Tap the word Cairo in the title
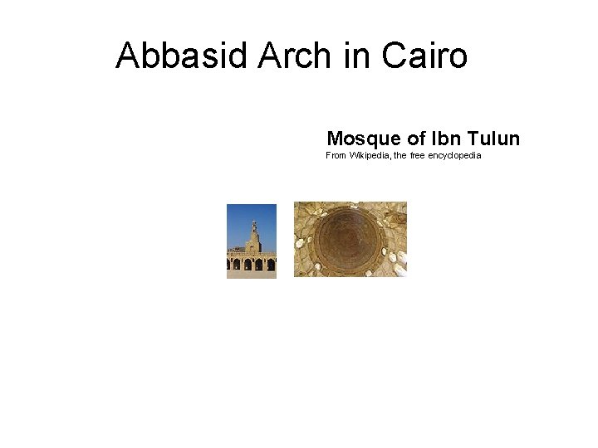424,56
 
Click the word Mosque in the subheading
364,138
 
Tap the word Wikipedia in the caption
369,155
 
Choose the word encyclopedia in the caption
454,155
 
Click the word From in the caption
336,155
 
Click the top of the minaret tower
254,222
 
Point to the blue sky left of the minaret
238,224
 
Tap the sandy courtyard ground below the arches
251,275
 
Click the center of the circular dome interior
350,238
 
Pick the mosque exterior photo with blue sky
251,241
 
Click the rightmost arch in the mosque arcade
271,265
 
